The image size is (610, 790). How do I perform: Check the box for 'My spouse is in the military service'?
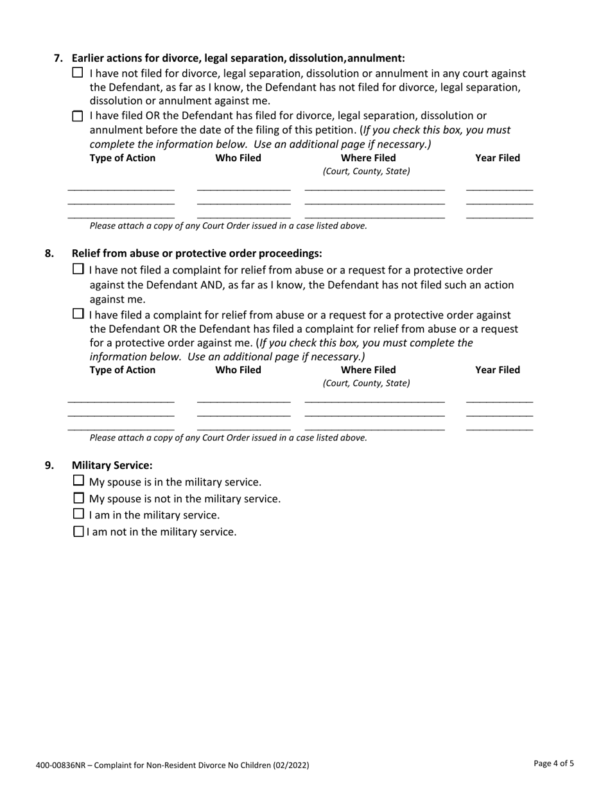pos(78,480)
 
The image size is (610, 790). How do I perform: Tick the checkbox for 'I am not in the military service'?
pos(78,531)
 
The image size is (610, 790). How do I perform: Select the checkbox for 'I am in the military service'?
pos(78,514)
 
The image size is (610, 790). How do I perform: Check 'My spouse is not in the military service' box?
pos(78,498)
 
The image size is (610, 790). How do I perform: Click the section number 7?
pos(58,58)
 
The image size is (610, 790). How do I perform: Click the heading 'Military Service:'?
pos(112,465)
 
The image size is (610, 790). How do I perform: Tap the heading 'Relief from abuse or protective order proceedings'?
pos(196,253)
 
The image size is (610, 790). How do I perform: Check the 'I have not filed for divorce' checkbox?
pos(78,73)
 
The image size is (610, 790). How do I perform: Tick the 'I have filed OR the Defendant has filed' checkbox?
pos(78,116)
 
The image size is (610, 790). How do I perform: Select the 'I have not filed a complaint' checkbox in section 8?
pos(78,269)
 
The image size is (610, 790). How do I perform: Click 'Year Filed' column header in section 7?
pos(497,158)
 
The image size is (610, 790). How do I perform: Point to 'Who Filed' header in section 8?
pos(238,370)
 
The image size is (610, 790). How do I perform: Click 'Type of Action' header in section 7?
pos(122,158)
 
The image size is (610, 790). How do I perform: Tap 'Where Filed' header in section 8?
pos(368,370)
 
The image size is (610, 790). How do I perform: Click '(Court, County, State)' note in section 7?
pos(366,171)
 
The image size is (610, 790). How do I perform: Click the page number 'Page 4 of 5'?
pos(553,764)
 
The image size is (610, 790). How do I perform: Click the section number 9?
pos(49,465)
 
